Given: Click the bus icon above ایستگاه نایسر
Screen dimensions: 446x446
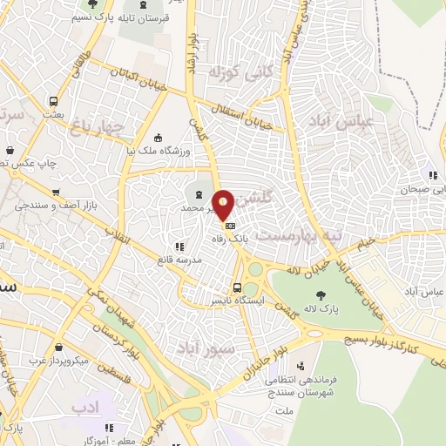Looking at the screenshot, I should coord(237,287).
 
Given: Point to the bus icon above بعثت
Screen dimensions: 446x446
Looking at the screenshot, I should coord(54,100).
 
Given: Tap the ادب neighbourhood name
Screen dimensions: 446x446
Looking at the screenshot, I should coord(85,407).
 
